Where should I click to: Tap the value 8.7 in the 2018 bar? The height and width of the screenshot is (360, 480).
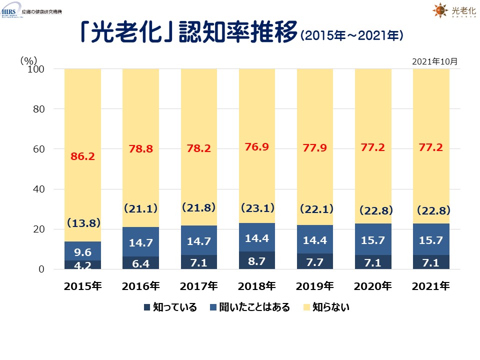point(256,260)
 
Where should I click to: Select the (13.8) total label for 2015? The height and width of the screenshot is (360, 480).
point(82,223)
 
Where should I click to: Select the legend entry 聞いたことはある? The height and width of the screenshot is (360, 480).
point(251,307)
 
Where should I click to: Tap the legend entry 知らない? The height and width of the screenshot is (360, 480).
point(327,307)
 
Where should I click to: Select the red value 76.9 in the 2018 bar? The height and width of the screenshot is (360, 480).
point(256,147)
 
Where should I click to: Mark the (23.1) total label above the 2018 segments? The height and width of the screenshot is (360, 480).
point(256,206)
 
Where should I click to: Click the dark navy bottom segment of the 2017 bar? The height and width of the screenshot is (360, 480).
point(198,262)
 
